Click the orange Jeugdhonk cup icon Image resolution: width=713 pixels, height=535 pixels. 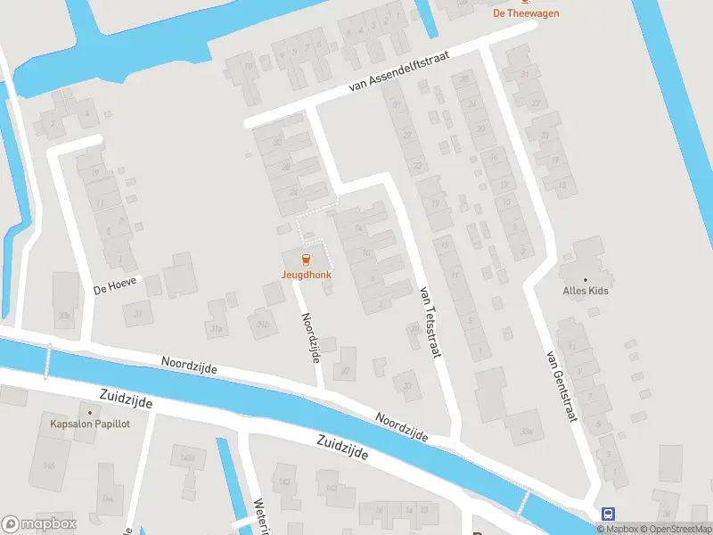[x=306, y=260]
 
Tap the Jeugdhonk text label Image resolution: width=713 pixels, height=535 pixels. [x=306, y=276]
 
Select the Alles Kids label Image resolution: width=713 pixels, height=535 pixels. [x=586, y=290]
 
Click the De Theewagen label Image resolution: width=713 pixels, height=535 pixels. [x=524, y=13]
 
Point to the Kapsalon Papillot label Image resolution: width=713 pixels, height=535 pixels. [x=91, y=424]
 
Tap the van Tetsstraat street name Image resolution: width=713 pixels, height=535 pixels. [x=430, y=321]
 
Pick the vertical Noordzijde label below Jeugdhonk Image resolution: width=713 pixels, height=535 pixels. [x=310, y=334]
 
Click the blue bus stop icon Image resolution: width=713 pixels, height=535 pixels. [x=609, y=514]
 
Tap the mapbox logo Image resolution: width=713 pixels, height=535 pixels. [x=39, y=524]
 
